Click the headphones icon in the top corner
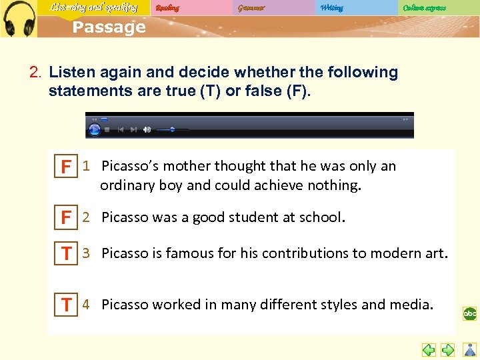coord(19,18)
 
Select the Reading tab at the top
coord(167,8)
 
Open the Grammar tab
coord(251,8)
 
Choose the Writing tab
coord(331,8)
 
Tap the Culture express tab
coord(424,8)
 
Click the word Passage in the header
coord(109,27)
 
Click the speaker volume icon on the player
coord(147,129)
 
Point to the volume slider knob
coord(172,129)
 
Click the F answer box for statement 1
coord(66,167)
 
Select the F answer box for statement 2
coord(66,218)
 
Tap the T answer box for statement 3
coord(66,254)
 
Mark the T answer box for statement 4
coord(66,305)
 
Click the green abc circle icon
coord(470,313)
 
